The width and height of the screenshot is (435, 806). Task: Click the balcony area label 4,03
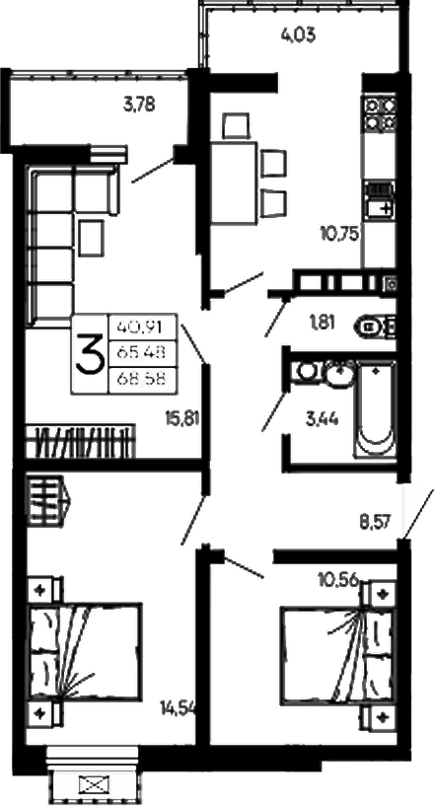(298, 36)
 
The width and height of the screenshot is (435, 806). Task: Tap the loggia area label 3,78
(139, 105)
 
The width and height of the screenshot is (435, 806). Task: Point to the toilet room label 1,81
(323, 323)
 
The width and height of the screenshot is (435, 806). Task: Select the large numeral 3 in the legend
(90, 352)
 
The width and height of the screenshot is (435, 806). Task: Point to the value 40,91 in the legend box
(141, 327)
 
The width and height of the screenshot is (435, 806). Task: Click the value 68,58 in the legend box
(141, 380)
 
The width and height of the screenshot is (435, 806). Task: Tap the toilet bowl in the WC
(375, 326)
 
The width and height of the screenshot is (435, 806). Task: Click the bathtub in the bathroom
(376, 408)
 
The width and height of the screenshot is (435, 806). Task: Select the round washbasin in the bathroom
(339, 372)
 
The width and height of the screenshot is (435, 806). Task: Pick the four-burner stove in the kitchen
(380, 112)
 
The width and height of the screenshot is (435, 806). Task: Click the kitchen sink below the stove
(380, 199)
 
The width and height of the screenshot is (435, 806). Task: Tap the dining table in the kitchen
(234, 183)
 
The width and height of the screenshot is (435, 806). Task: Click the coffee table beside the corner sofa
(92, 239)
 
